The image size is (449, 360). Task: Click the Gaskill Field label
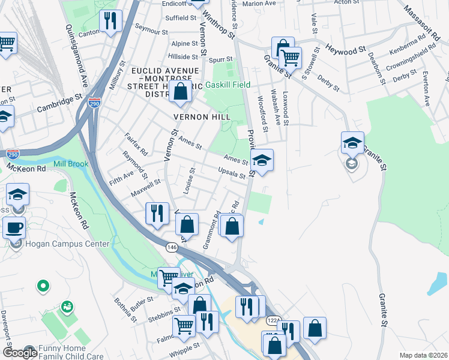click(228, 85)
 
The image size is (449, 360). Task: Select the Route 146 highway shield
click(172, 247)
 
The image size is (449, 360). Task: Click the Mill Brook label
click(70, 164)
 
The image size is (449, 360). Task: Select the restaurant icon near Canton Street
click(110, 22)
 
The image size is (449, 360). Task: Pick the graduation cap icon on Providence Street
click(261, 160)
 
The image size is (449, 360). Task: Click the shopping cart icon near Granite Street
click(291, 58)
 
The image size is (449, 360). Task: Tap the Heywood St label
click(345, 47)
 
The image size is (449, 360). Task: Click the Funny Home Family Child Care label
click(76, 352)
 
